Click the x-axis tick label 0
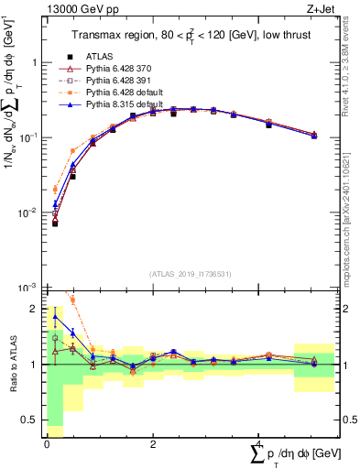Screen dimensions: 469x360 pyautogui.click(x=47, y=442)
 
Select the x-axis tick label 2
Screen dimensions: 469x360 pyautogui.click(x=151, y=442)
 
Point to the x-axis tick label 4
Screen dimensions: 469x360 pyautogui.click(x=256, y=442)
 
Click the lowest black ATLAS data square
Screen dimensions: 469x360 pyautogui.click(x=55, y=223)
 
